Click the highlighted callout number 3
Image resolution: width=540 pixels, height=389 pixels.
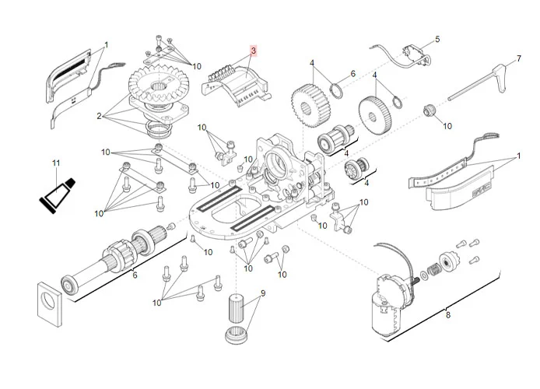tap(253, 49)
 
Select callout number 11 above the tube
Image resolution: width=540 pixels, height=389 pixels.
tap(55, 163)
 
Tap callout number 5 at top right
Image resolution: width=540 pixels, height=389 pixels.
tap(437, 39)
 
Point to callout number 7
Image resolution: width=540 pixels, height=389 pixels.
tap(519, 58)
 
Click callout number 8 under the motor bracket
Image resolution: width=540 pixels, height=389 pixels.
tap(447, 314)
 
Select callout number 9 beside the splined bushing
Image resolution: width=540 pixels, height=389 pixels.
tap(263, 293)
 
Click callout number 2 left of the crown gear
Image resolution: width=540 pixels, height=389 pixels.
tap(100, 116)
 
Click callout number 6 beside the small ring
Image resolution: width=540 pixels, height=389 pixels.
tap(352, 74)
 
